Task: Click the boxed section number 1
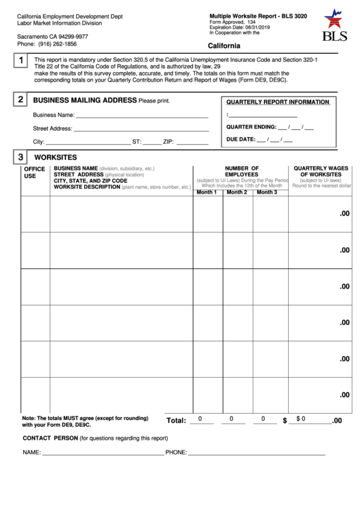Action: coord(21,62)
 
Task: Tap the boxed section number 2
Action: coord(21,99)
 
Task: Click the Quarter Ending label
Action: coord(251,127)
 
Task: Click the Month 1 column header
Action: coord(206,192)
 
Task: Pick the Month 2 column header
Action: coord(236,192)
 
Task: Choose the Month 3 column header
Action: coord(266,192)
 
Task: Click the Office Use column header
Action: coord(34,172)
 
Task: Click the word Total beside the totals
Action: coord(176,421)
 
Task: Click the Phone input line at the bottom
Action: coord(257,453)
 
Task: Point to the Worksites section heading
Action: coord(55,157)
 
